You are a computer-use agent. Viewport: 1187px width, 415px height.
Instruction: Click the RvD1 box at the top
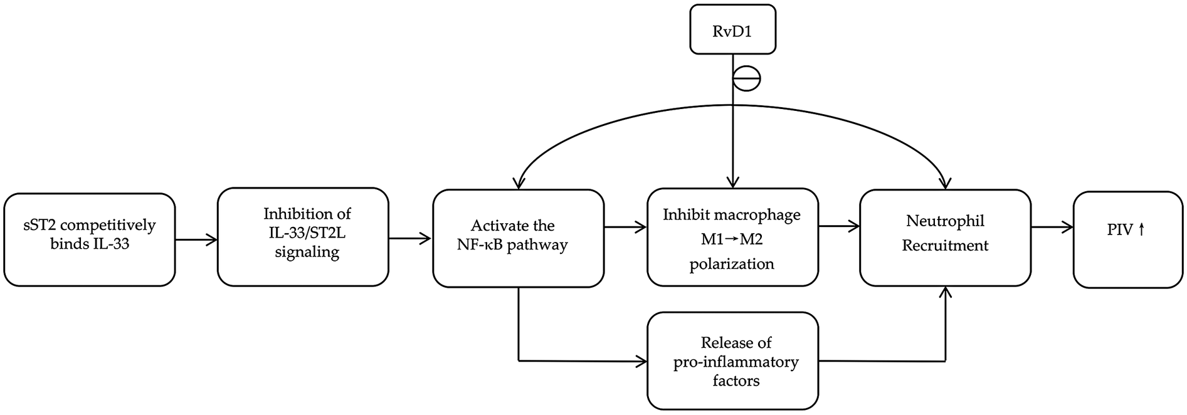pyautogui.click(x=732, y=29)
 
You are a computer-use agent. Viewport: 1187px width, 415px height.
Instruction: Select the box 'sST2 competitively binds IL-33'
pyautogui.click(x=89, y=239)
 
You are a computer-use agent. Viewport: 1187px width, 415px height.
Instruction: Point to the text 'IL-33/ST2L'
pyautogui.click(x=307, y=233)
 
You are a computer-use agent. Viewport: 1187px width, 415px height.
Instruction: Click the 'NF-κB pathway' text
pyautogui.click(x=512, y=245)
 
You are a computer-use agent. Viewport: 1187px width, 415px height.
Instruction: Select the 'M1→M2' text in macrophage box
pyautogui.click(x=732, y=239)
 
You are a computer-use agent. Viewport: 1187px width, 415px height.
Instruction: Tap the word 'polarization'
pyautogui.click(x=732, y=264)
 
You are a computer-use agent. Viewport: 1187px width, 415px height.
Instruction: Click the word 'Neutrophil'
pyautogui.click(x=945, y=221)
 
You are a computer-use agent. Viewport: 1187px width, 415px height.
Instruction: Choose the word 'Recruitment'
pyautogui.click(x=945, y=246)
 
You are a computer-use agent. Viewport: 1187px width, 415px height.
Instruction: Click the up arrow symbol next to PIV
pyautogui.click(x=1141, y=230)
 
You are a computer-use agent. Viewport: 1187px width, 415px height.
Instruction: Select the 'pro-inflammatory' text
pyautogui.click(x=736, y=362)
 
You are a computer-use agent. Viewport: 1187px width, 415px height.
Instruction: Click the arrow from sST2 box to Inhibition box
pyautogui.click(x=196, y=239)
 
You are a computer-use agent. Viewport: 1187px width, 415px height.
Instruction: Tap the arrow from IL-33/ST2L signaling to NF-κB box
pyautogui.click(x=411, y=238)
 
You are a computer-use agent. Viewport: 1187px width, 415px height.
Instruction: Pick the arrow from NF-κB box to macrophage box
pyautogui.click(x=625, y=228)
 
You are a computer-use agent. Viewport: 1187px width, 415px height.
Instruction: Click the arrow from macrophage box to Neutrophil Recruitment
pyautogui.click(x=839, y=227)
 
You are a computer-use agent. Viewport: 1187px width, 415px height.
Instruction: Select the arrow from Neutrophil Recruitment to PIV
pyautogui.click(x=1052, y=228)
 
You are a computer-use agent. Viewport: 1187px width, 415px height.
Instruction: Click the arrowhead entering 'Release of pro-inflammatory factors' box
pyautogui.click(x=641, y=361)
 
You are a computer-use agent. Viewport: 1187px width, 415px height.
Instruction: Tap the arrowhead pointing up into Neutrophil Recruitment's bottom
pyautogui.click(x=946, y=292)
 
